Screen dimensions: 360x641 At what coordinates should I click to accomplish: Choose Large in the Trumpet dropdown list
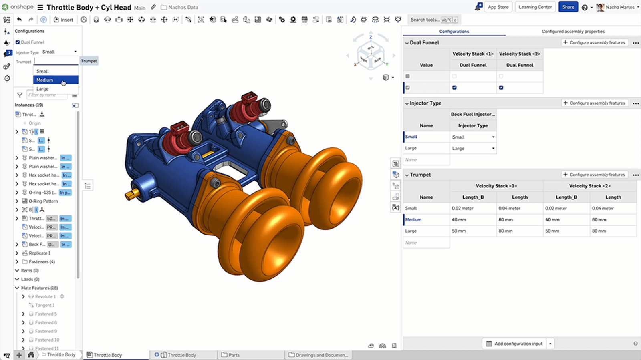42,89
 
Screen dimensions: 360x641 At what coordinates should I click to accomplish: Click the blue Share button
568,7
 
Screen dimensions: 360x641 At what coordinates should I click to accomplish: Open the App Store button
498,7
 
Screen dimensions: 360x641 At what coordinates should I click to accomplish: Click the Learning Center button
535,7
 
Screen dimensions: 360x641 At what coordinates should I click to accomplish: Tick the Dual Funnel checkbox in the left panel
18,42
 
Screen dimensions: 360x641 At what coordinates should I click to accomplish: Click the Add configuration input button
514,344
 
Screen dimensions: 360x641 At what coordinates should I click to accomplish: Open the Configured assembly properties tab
573,31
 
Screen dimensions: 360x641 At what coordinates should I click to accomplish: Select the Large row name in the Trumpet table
411,231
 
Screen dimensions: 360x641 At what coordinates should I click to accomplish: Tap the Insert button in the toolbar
63,20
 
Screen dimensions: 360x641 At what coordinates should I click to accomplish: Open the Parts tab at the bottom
234,355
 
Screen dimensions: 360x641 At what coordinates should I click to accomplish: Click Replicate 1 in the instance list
40,253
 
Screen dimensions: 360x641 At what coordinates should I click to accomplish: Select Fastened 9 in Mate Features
46,331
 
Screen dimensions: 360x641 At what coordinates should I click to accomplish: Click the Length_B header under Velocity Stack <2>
566,197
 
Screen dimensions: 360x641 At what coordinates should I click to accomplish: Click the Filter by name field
46,95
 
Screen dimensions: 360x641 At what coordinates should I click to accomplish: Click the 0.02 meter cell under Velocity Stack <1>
462,208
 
